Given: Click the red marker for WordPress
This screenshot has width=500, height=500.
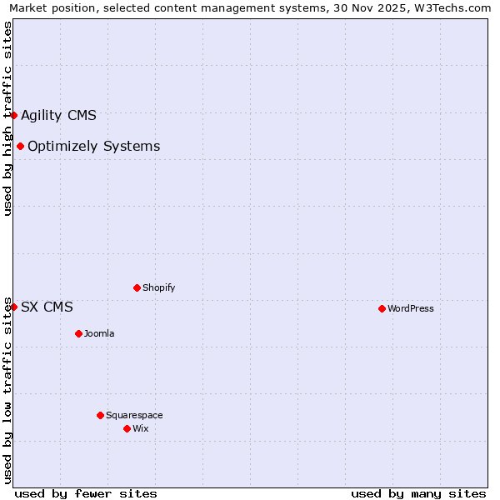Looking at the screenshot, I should coord(382,308).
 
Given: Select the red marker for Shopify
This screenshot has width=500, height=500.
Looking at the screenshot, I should coord(137,287).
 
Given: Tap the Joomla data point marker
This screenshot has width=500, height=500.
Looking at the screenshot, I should coord(78,333).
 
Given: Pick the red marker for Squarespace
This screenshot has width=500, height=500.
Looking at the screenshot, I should coord(100,415).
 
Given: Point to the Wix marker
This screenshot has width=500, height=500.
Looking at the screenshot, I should coord(127,428).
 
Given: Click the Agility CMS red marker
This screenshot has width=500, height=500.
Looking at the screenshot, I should coord(14,115).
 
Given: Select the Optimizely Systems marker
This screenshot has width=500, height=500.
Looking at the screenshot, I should coord(20,147).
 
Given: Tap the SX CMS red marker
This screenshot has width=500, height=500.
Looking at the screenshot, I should coord(14,307).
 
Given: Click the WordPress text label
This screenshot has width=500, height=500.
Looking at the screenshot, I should coord(411,308).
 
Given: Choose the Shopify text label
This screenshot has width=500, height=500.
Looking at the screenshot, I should coord(159,287).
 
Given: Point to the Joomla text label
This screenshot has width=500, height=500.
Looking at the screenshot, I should coord(99,333).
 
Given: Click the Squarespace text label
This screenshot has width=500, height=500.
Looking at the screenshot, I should coord(134,415).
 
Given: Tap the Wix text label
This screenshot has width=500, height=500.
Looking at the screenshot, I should coord(141,428).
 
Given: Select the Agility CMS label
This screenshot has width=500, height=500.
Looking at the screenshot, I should coord(58,115).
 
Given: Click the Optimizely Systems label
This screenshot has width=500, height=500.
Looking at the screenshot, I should coord(93,147).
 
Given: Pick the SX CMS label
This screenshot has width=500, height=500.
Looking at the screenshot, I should coord(47,307).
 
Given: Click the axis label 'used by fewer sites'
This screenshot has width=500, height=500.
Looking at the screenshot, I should coord(86,493).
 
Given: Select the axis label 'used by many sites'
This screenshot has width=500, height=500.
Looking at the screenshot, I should coord(418,493).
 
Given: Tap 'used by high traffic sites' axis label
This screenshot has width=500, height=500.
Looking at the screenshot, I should coord(7,118).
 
